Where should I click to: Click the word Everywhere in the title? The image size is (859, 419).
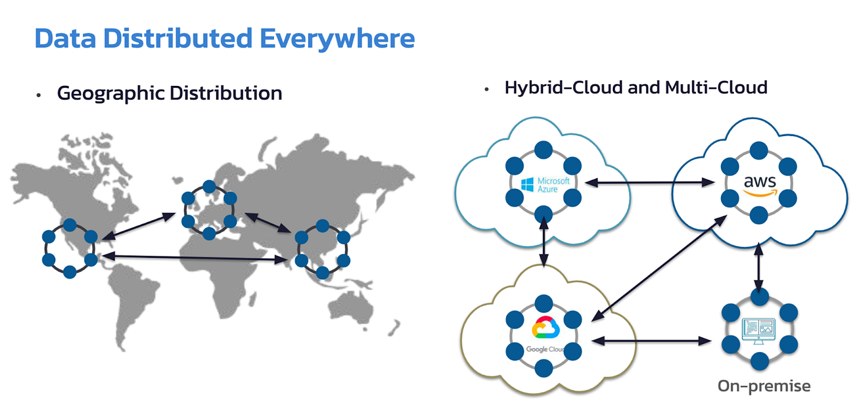pyautogui.click(x=337, y=38)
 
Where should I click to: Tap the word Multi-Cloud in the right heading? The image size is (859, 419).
pyautogui.click(x=716, y=87)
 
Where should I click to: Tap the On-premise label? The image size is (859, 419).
pyautogui.click(x=764, y=386)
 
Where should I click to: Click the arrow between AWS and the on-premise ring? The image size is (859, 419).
pyautogui.click(x=759, y=267)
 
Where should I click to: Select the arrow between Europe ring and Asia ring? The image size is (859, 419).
pyautogui.click(x=268, y=223)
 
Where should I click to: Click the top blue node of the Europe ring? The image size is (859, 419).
pyautogui.click(x=209, y=186)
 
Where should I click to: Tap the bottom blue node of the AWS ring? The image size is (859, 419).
pyautogui.click(x=759, y=213)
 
